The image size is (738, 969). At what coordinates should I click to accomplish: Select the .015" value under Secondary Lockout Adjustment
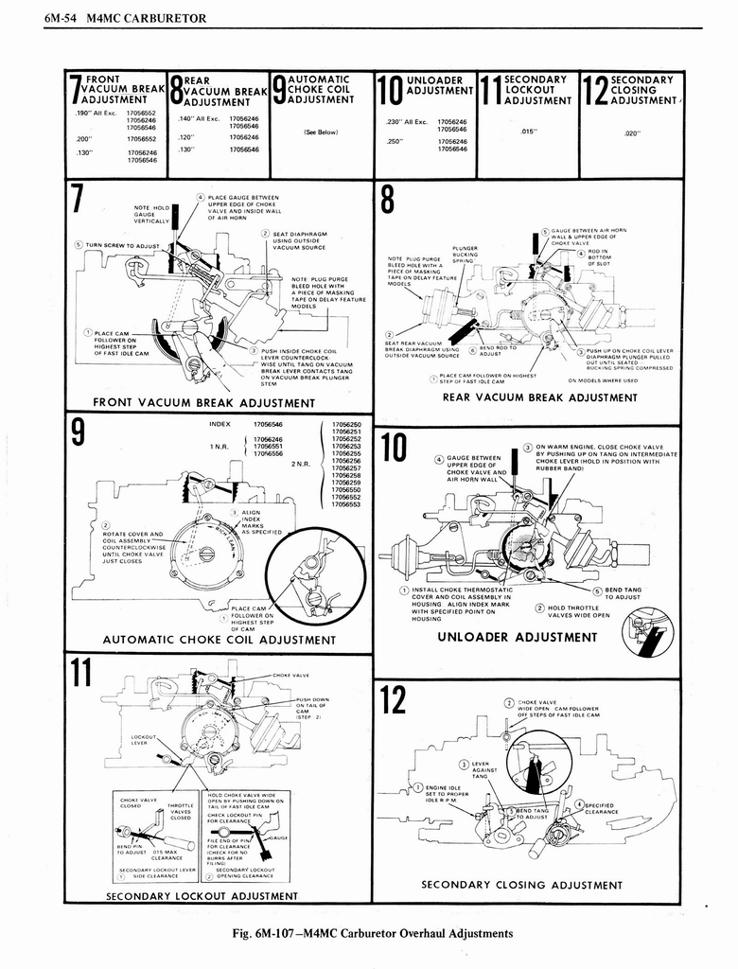[x=529, y=132]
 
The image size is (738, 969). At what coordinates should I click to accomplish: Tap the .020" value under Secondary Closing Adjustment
[x=633, y=133]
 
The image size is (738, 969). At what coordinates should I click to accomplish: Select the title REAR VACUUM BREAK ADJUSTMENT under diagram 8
[x=539, y=397]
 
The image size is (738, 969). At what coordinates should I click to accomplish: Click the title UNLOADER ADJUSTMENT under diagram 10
[x=517, y=637]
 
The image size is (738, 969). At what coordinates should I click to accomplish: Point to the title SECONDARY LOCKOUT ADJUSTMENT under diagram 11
[x=202, y=895]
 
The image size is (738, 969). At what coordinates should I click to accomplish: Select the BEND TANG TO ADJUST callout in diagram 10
[x=621, y=593]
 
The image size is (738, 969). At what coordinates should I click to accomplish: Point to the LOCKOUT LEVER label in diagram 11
[x=143, y=739]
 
